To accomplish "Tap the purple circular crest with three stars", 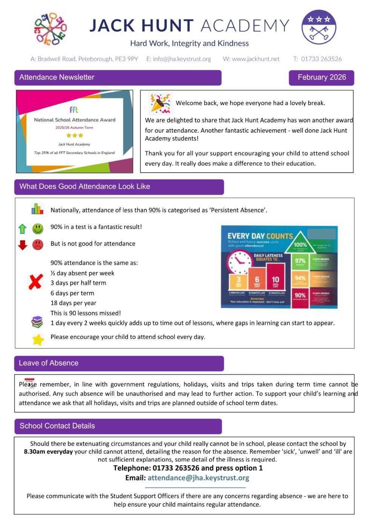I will point(318,27).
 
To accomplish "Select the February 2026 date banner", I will point(322,77).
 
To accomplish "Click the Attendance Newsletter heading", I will point(57,77).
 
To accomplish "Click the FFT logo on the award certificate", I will point(74,109).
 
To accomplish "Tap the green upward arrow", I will point(23,229).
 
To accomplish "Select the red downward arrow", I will point(23,245).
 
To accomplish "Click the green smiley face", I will point(38,228).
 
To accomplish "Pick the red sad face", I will point(38,245).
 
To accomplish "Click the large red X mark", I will point(36,281).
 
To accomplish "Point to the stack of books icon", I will point(37,322).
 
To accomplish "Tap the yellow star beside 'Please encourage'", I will point(38,339).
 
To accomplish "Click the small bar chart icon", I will point(37,209).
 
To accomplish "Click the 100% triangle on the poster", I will point(300,243).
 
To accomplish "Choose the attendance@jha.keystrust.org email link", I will point(198,478).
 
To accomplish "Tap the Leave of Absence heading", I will point(49,363).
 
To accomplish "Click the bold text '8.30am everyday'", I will point(48,452).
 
